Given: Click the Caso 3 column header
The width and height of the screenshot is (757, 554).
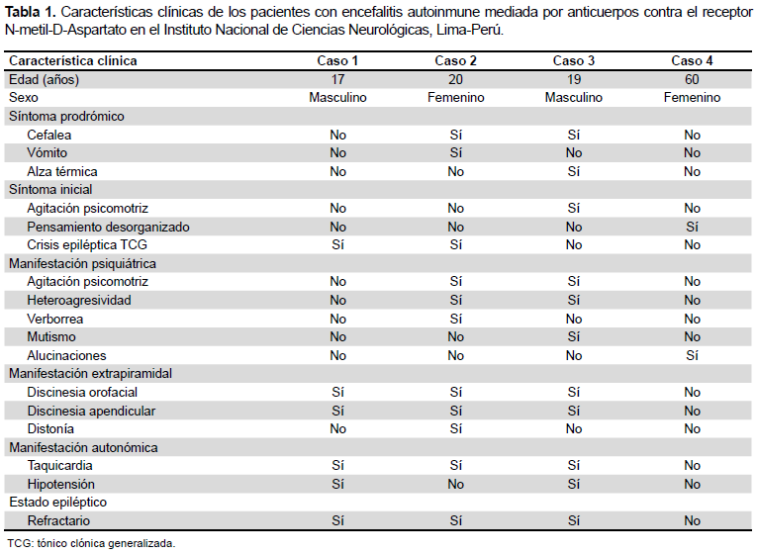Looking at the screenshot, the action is (574, 60).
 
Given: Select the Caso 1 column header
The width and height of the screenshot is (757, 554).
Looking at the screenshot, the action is (337, 60).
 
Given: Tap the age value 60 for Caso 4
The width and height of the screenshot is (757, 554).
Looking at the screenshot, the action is (692, 79).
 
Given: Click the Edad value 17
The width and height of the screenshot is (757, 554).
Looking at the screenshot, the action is (338, 79).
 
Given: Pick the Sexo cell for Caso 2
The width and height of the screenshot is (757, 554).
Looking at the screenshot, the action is (456, 98).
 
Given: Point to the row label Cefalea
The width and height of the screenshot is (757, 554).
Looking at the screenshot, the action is (49, 135).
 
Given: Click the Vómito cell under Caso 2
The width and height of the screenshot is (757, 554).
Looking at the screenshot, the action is (456, 153).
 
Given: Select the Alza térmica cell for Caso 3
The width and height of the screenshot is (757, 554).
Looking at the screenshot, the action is (574, 171).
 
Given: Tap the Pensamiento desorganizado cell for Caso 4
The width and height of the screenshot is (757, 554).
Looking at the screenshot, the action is (692, 227).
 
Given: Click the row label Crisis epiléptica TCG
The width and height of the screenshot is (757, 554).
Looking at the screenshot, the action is (87, 245).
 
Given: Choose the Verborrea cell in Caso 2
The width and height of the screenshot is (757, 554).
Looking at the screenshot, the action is (456, 319).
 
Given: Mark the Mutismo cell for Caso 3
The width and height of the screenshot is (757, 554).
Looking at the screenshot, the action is (574, 336).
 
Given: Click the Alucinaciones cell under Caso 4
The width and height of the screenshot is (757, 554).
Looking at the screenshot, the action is (692, 356).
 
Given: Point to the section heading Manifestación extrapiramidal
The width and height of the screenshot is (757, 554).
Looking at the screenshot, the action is (90, 374).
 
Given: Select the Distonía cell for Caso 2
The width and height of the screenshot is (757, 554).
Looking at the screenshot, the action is (456, 429).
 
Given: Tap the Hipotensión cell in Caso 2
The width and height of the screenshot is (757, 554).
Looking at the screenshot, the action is (456, 484).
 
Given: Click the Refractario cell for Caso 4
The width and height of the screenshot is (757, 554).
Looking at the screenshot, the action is (692, 520).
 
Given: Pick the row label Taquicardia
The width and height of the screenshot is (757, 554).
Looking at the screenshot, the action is (59, 466).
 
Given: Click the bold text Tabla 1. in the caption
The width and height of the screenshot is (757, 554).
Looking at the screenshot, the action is (31, 12).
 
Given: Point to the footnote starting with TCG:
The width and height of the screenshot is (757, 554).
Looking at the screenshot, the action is (91, 543).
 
